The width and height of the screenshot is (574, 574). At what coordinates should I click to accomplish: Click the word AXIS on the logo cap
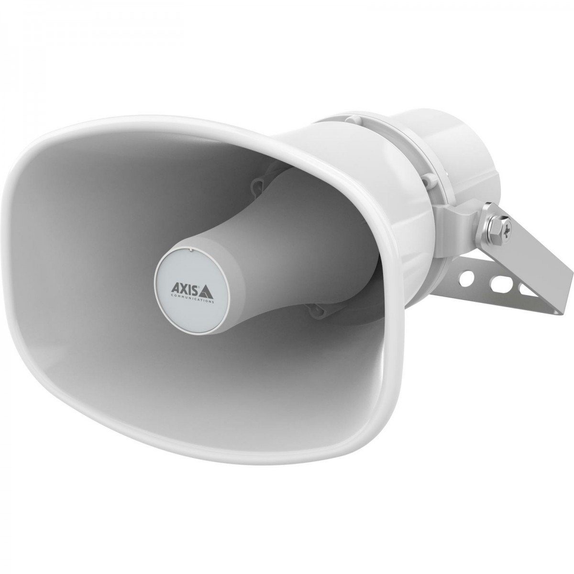[x=181, y=288]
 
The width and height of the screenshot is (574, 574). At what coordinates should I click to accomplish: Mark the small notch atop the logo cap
[x=190, y=249]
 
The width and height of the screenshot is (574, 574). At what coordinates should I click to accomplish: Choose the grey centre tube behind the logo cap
[x=268, y=239]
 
